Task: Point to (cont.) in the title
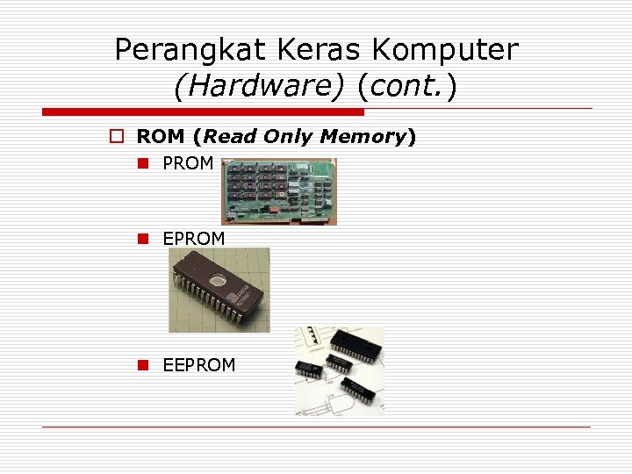pyautogui.click(x=406, y=86)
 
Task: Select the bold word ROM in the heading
pyautogui.click(x=160, y=137)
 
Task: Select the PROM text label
pyautogui.click(x=188, y=163)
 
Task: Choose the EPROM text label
pyautogui.click(x=193, y=239)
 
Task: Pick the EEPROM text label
pyautogui.click(x=198, y=365)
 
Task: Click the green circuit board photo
pyautogui.click(x=278, y=191)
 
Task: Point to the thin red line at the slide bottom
pyautogui.click(x=316, y=427)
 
